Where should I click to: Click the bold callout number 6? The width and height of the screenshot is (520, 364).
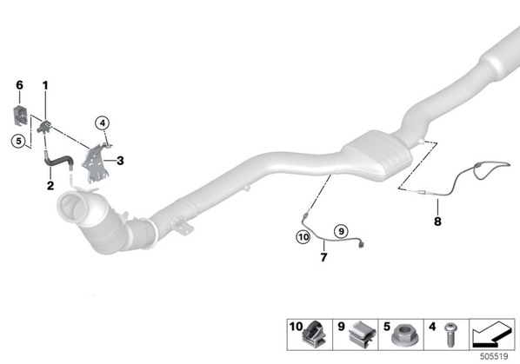[20, 85]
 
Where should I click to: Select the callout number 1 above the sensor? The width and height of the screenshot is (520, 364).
[45, 85]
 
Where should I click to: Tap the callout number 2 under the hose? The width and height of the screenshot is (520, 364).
[50, 186]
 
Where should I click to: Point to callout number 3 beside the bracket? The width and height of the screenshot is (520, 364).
[120, 161]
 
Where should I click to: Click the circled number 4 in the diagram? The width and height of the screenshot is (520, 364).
[102, 123]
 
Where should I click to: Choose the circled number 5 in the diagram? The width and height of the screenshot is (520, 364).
[18, 141]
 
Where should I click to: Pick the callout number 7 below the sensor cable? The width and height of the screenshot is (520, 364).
[324, 257]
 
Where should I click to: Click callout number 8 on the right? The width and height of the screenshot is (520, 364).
[437, 221]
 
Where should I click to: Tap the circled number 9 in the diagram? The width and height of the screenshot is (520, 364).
[341, 231]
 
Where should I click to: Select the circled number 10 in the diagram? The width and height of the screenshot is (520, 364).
[303, 237]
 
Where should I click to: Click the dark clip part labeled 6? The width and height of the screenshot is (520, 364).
[20, 116]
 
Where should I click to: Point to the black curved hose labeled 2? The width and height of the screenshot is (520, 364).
[57, 161]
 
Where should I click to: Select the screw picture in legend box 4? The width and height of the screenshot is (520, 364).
[450, 334]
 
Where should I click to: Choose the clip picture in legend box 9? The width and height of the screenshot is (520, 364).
[362, 334]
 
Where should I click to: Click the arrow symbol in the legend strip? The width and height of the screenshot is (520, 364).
[492, 334]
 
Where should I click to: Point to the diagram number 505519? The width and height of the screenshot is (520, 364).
[494, 356]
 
